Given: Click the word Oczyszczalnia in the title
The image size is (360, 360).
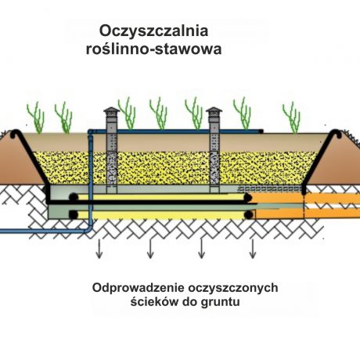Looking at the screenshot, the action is [153, 31].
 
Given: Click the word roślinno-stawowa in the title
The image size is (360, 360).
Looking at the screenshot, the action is [154, 49].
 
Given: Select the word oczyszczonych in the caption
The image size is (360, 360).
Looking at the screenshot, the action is [232, 289].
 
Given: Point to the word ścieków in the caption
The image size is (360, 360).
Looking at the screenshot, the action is [154, 302].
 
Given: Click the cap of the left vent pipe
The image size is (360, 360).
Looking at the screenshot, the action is [111, 111].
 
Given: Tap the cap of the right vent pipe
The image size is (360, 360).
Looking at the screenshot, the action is [214, 111].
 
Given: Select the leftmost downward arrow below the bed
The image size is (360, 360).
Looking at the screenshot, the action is [99, 249].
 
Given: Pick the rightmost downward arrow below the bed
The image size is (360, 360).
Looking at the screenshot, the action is [252, 249].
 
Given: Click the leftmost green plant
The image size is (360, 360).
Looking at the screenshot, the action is [37, 118].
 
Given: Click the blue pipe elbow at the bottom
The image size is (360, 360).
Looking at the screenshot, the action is [89, 229].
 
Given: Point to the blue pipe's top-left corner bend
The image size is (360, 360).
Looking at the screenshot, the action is [90, 131].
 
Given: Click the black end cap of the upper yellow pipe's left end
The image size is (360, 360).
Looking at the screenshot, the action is [74, 197].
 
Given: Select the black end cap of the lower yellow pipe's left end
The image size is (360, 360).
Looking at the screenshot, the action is [74, 214].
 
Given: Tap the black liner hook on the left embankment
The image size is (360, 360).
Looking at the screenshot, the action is [14, 133].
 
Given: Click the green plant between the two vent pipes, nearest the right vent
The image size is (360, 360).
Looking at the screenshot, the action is [194, 113].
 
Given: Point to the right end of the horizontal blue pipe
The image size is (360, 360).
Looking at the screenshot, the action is [261, 131].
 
